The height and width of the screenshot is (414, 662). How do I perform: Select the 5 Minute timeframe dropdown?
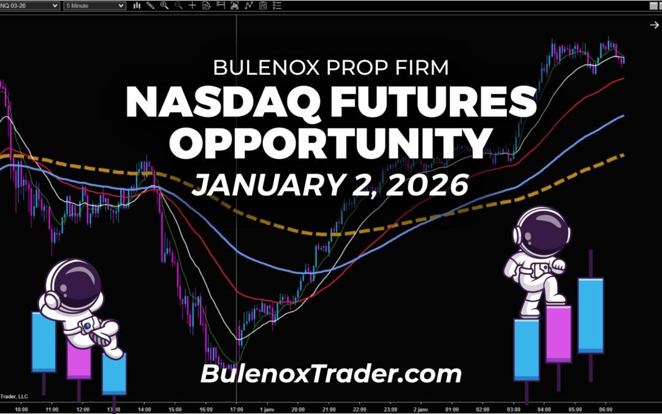[x=95, y=6]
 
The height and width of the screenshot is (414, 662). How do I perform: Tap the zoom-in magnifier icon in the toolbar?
[x=164, y=6]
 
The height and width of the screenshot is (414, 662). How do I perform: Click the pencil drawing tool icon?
[x=150, y=6]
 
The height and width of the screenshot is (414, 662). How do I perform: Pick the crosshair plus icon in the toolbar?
[x=192, y=6]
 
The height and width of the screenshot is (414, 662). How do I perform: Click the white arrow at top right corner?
[x=653, y=25]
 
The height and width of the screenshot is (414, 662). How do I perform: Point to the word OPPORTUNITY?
[x=330, y=143]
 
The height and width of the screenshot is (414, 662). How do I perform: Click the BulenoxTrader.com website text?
[x=330, y=373]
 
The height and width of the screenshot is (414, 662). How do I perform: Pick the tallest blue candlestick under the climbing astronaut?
[x=590, y=316]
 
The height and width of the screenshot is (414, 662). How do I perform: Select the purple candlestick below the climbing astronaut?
[x=558, y=334]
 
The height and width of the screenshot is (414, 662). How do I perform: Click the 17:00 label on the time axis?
[x=237, y=408]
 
